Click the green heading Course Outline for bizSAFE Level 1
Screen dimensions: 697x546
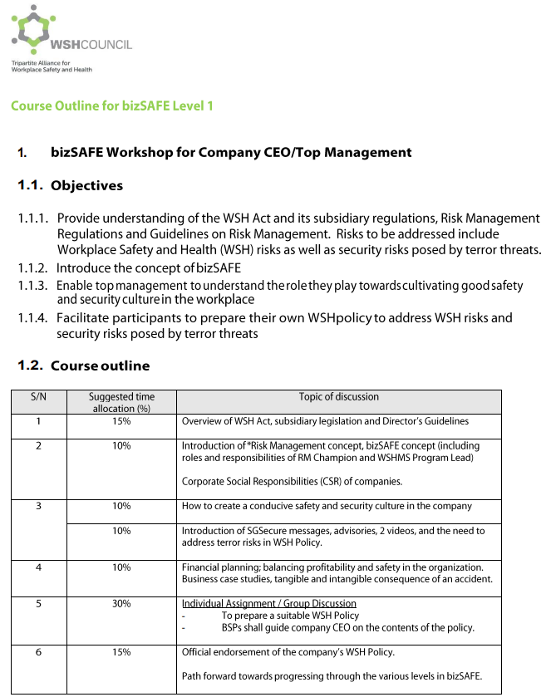pyautogui.click(x=112, y=106)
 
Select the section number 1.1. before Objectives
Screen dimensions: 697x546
pyautogui.click(x=32, y=185)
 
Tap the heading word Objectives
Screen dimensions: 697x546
pyautogui.click(x=86, y=185)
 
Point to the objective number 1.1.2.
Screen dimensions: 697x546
pyautogui.click(x=34, y=268)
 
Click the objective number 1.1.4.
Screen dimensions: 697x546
pyautogui.click(x=34, y=317)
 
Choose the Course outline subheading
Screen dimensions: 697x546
pyautogui.click(x=100, y=366)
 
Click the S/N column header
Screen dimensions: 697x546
pyautogui.click(x=38, y=397)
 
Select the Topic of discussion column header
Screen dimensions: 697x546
pyautogui.click(x=338, y=397)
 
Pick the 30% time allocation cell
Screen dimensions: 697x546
pyautogui.click(x=121, y=603)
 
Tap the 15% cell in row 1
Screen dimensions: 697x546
pyautogui.click(x=121, y=421)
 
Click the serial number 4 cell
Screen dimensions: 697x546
pyautogui.click(x=38, y=567)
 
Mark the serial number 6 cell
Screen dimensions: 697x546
pyautogui.click(x=38, y=652)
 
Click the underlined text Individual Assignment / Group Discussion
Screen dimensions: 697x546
pyautogui.click(x=269, y=603)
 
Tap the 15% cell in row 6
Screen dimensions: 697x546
pyautogui.click(x=121, y=652)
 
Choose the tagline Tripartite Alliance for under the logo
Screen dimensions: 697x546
pyautogui.click(x=41, y=63)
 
